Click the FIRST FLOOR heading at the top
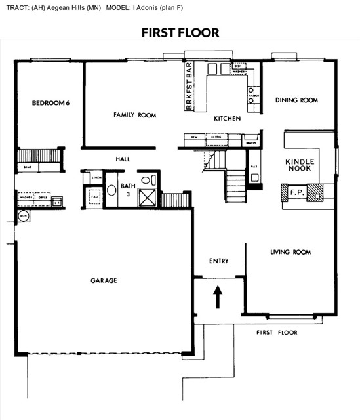click(180, 32)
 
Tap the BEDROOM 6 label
click(50, 102)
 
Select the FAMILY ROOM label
click(134, 115)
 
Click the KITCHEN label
click(228, 119)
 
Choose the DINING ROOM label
click(296, 100)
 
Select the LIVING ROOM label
click(290, 252)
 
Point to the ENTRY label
click(218, 261)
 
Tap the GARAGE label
click(104, 280)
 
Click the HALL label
click(123, 159)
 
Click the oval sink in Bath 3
click(111, 191)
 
